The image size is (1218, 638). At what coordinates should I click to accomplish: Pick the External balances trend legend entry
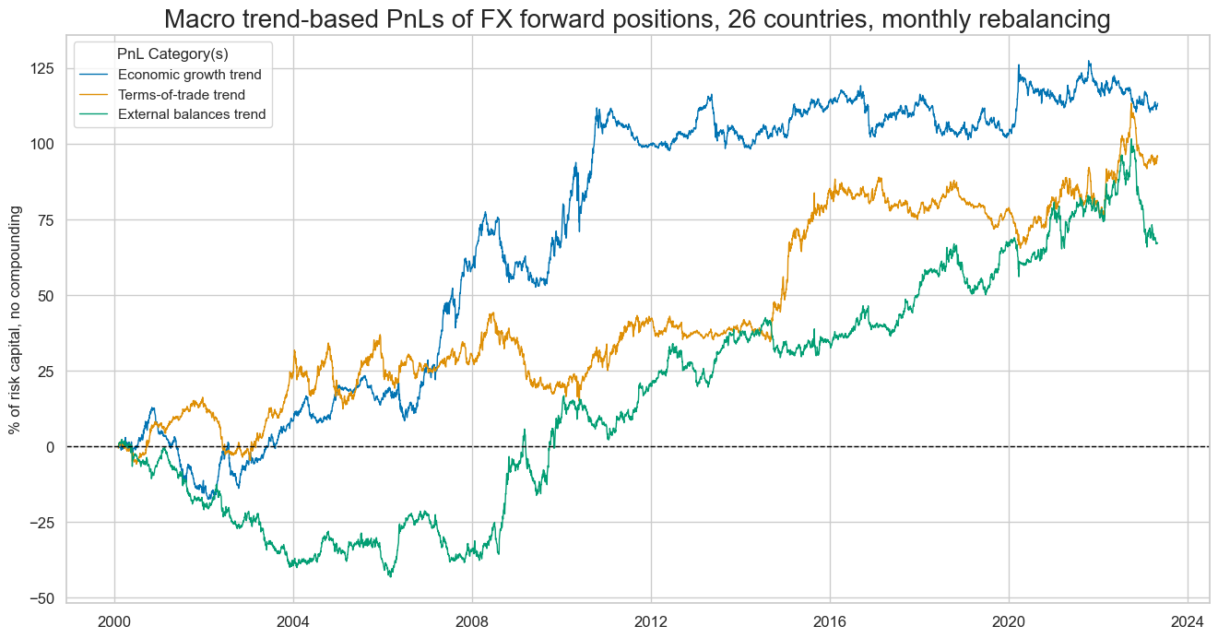pyautogui.click(x=191, y=114)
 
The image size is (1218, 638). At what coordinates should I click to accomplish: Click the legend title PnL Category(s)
pyautogui.click(x=172, y=54)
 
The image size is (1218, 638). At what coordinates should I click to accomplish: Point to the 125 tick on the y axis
pyautogui.click(x=41, y=68)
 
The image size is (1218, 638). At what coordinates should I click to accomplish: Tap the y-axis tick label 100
pyautogui.click(x=41, y=144)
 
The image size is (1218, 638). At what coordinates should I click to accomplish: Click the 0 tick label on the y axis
pyautogui.click(x=50, y=447)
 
